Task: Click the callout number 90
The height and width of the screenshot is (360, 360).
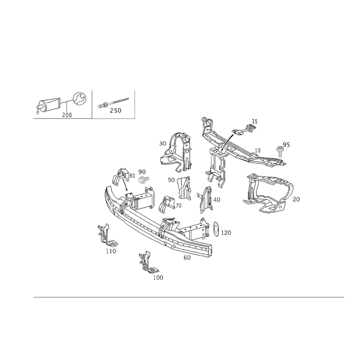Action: pyautogui.click(x=142, y=171)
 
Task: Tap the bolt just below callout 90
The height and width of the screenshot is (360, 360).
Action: pyautogui.click(x=144, y=180)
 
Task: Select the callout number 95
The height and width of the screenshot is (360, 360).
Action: pyautogui.click(x=283, y=145)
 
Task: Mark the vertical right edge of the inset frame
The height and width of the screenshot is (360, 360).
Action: pyautogui.click(x=135, y=104)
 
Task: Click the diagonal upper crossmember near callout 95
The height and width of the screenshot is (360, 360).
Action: pyautogui.click(x=234, y=148)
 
